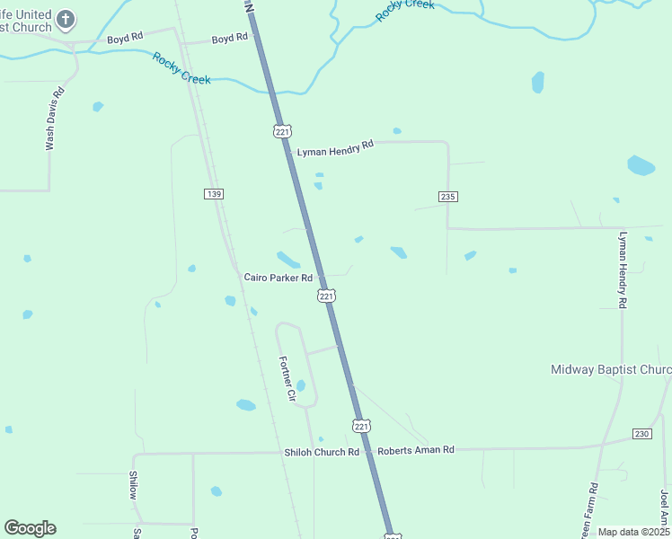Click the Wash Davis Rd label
pos(57,118)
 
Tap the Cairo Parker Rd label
pos(278,278)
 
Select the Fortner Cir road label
pos(287,378)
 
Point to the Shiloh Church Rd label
pos(322,452)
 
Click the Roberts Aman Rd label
pos(416,449)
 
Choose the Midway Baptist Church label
pos(611,370)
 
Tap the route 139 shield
pos(213,194)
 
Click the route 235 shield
pos(449,197)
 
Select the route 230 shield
pos(641,434)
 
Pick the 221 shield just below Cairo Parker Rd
pos(326,296)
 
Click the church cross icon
pos(64,18)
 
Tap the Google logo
pos(30,528)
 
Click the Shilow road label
pos(133,485)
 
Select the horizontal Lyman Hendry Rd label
pos(335,148)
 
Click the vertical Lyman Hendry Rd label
pos(622,270)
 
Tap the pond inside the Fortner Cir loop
pos(301,385)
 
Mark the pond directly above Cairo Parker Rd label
pos(288,259)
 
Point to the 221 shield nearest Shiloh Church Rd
pos(360,425)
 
